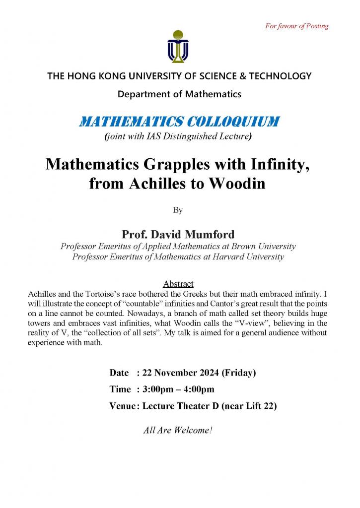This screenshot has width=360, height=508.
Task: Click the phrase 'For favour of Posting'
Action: click(x=296, y=26)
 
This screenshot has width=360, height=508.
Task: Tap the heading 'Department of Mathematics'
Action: click(x=179, y=94)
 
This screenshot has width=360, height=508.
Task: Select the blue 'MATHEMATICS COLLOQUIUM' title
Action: click(x=179, y=121)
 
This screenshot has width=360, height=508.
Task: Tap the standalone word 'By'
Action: click(x=178, y=210)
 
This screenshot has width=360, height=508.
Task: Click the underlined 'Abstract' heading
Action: click(x=178, y=284)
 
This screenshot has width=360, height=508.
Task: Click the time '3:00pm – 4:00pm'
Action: click(x=178, y=389)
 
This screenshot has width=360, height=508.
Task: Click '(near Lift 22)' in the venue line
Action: click(x=249, y=406)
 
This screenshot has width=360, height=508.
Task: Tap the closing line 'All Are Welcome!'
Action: click(x=178, y=430)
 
